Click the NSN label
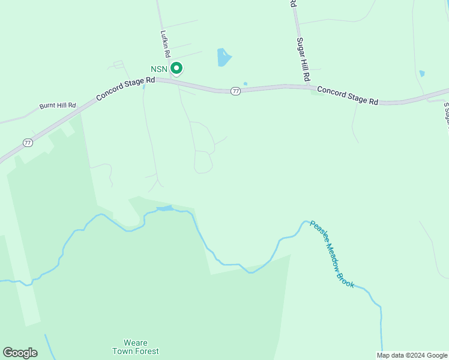pyautogui.click(x=158, y=69)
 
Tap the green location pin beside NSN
pyautogui.click(x=176, y=68)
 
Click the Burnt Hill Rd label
pyautogui.click(x=58, y=106)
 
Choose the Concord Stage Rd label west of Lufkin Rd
pyautogui.click(x=125, y=88)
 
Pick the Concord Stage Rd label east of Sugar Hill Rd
pyautogui.click(x=348, y=95)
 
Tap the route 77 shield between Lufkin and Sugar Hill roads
pyautogui.click(x=235, y=91)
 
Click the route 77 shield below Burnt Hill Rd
pyautogui.click(x=28, y=142)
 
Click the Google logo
pyautogui.click(x=20, y=353)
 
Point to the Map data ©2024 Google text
pyautogui.click(x=412, y=355)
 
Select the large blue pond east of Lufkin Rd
pyautogui.click(x=223, y=57)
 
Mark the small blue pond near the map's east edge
pyautogui.click(x=422, y=73)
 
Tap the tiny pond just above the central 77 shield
pyautogui.click(x=245, y=83)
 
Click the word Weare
pyautogui.click(x=136, y=343)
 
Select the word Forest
pyautogui.click(x=148, y=351)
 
